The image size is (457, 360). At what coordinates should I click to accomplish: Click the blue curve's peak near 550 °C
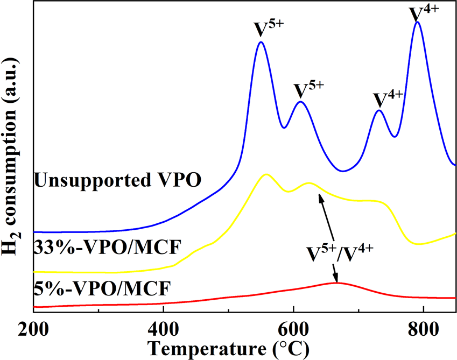point(261,42)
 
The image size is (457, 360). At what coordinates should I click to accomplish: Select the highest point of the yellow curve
point(265,174)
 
